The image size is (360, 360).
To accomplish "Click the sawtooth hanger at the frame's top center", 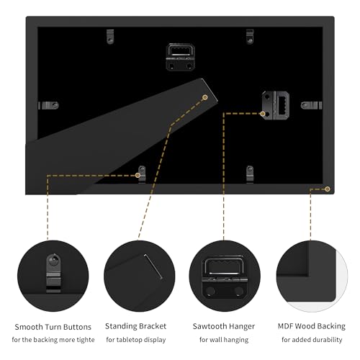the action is (180, 57).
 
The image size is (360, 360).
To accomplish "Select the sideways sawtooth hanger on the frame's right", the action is (276, 105).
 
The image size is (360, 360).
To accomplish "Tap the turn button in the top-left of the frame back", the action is (110, 37).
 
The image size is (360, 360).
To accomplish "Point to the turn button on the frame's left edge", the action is (48, 105).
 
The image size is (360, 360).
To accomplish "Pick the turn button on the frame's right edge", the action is (311, 105).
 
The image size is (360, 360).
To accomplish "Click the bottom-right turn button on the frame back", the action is (250, 174).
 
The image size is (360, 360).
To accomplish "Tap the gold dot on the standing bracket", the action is (205, 97).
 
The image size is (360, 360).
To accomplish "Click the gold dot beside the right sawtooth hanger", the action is (263, 114).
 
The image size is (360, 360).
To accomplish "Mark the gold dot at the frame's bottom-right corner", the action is (328, 189).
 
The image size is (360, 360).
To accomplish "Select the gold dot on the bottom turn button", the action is (138, 175).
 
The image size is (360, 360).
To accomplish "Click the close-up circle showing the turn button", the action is (53, 276).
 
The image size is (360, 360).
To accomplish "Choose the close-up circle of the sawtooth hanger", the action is (225, 276).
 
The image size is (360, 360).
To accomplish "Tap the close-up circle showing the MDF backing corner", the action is (312, 276).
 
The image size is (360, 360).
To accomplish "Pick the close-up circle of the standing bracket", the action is (140, 276).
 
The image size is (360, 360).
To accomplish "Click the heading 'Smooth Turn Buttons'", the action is (53, 327).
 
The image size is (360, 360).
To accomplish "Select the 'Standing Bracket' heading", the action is (135, 326).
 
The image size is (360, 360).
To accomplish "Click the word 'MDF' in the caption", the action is (286, 326).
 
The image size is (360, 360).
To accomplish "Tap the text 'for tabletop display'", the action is (136, 340).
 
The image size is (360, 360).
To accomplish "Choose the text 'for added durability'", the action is (312, 340).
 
